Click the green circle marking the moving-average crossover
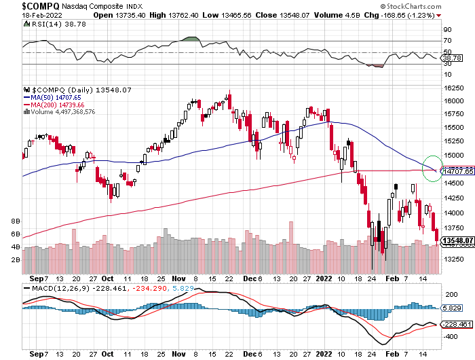(x=431, y=169)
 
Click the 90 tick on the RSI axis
(x=447, y=30)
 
